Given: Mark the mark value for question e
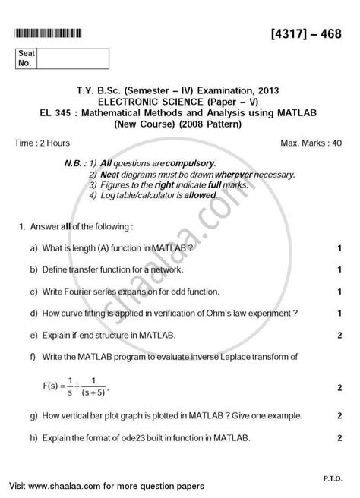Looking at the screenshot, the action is (x=338, y=333).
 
